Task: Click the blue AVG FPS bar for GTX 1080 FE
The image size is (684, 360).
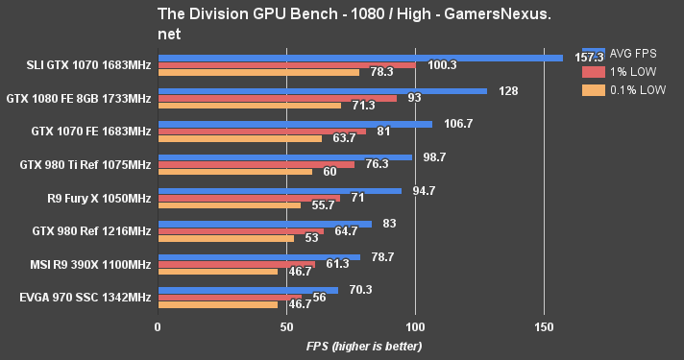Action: tap(322, 91)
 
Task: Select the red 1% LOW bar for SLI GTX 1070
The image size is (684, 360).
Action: tap(286, 65)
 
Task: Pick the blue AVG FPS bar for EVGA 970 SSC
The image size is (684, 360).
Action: tap(248, 289)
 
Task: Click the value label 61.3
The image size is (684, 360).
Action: tap(336, 264)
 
